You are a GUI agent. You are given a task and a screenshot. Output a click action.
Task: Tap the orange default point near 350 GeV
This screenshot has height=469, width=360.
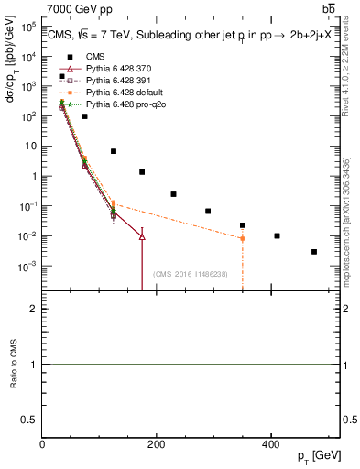(243, 238)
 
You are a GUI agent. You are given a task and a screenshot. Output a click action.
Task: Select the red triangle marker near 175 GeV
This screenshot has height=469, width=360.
(142, 236)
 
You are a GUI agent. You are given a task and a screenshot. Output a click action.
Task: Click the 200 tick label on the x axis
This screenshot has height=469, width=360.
(156, 445)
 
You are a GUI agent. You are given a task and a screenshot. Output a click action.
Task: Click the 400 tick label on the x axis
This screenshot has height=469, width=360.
(270, 445)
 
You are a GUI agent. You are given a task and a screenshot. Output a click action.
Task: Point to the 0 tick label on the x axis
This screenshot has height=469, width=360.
(42, 445)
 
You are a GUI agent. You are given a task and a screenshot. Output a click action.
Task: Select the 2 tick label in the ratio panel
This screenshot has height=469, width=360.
(34, 309)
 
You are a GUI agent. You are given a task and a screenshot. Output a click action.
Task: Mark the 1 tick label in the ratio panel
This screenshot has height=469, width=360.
(34, 365)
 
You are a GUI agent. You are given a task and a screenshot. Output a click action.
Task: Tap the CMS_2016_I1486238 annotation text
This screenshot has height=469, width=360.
(190, 274)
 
